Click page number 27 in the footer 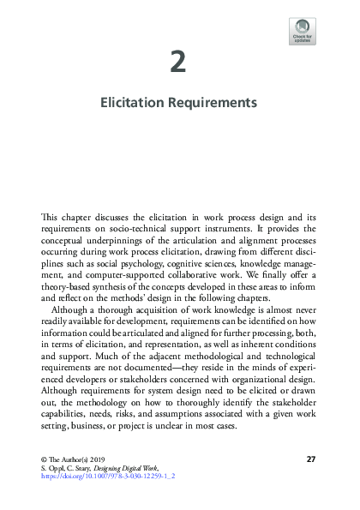[x=311, y=459]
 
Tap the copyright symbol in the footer [x=45, y=459]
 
